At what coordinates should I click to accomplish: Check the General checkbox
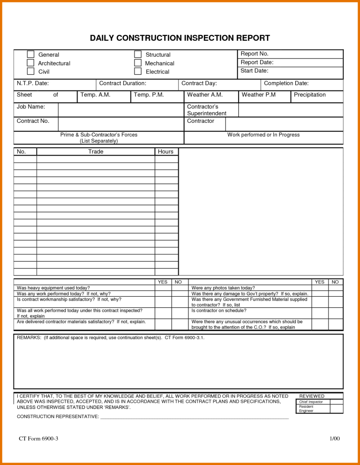click(31, 54)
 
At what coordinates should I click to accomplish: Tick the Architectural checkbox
click(31, 63)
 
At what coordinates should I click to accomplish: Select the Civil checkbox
click(31, 71)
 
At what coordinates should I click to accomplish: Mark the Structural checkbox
click(138, 54)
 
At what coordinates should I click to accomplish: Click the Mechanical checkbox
click(138, 63)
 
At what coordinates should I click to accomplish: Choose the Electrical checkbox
click(138, 71)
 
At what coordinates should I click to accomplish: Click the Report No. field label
click(254, 54)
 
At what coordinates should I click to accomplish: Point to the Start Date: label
click(254, 71)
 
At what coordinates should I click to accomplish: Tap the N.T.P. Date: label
click(33, 83)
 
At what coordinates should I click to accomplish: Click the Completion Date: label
click(286, 83)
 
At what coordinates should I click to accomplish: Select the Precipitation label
click(310, 95)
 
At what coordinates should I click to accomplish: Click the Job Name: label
click(31, 107)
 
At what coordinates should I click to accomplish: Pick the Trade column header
click(96, 151)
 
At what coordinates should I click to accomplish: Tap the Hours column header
click(166, 151)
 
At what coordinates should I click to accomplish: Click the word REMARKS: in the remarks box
click(29, 338)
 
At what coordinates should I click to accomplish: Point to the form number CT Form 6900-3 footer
click(38, 438)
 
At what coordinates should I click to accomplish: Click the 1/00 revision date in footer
click(335, 438)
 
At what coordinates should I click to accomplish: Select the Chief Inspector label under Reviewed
click(311, 402)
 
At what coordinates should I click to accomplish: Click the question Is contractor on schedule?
click(219, 310)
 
